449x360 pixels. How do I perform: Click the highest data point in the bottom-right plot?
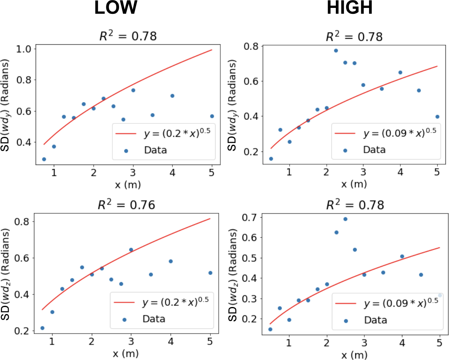[x=345, y=219]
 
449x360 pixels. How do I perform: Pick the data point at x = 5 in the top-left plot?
[x=212, y=116]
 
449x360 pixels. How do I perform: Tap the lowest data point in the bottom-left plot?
[x=42, y=328]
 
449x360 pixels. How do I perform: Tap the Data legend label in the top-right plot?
[x=374, y=150]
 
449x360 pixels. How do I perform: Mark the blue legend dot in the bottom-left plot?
[x=124, y=320]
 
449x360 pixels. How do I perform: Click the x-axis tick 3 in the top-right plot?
[x=363, y=172]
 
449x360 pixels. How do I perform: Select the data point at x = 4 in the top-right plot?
[x=400, y=72]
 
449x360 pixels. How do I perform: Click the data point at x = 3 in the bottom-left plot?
[x=131, y=250]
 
